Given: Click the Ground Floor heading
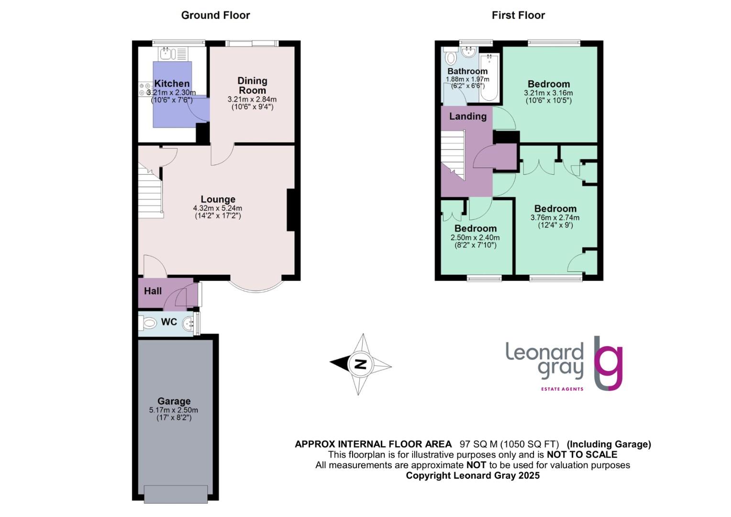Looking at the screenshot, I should click(x=215, y=15).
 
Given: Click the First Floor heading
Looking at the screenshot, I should click(x=518, y=15).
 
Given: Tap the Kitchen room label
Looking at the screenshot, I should click(x=172, y=84).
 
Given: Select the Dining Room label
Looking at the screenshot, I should click(x=252, y=86).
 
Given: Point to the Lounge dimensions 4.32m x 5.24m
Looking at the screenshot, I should click(x=218, y=208).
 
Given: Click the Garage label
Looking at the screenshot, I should click(x=174, y=401).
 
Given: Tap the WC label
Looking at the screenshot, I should click(x=169, y=322).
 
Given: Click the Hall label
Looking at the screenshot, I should click(x=153, y=291).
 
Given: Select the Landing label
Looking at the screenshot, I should click(x=467, y=116).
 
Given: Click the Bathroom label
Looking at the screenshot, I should click(x=467, y=71).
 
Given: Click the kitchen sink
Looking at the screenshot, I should click(x=166, y=53).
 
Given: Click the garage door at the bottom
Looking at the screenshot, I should click(x=176, y=494).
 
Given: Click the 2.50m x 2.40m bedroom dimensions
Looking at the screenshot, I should click(x=475, y=237).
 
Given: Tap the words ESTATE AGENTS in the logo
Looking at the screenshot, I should click(x=562, y=389).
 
